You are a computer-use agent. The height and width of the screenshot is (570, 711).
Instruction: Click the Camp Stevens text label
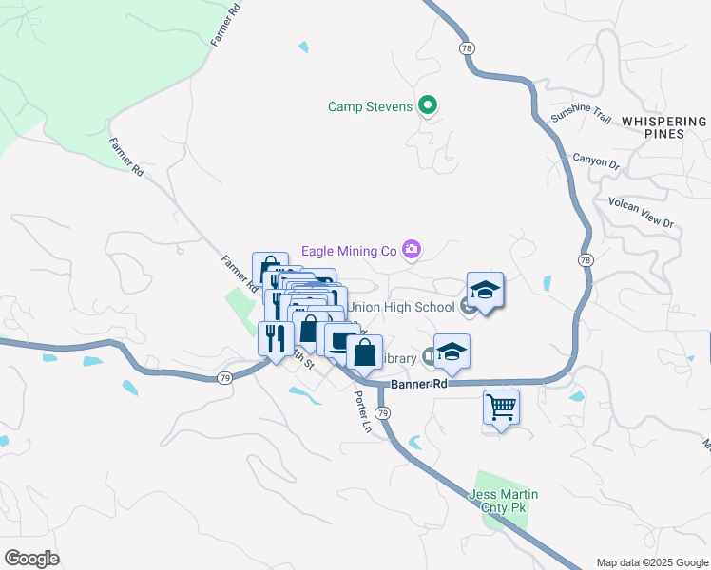tap(371, 106)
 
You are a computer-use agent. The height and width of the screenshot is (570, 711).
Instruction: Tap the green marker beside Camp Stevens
tap(428, 105)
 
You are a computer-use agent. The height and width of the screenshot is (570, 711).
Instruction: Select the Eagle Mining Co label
tap(348, 251)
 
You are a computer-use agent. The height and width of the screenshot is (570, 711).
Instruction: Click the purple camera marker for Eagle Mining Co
tap(411, 250)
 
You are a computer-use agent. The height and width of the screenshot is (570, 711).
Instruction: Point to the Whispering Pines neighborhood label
tap(664, 127)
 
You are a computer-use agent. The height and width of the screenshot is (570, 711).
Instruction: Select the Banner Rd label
tap(419, 384)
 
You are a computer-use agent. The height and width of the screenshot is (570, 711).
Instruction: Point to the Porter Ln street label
tap(363, 410)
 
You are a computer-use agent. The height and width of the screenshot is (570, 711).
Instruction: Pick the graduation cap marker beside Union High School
tap(485, 290)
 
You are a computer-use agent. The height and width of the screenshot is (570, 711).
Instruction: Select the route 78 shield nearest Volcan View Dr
tap(586, 258)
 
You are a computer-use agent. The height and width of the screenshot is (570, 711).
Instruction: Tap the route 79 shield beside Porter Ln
tap(382, 412)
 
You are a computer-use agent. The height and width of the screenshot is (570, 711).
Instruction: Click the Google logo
tap(31, 559)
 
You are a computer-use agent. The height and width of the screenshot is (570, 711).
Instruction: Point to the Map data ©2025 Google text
tap(653, 562)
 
